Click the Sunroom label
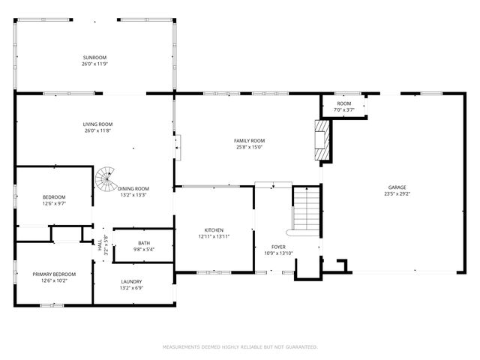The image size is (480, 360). [x=94, y=58]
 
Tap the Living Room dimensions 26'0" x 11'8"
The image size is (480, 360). [x=97, y=131]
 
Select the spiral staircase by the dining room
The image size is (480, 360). [x=105, y=179]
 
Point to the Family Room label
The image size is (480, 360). [x=249, y=140]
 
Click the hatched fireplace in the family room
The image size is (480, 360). [x=322, y=141]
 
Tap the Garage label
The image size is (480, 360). [x=397, y=187]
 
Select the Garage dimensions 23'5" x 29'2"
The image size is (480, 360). [x=397, y=194]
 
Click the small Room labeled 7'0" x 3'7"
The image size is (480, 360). [x=343, y=106]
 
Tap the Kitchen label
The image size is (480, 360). [x=214, y=230]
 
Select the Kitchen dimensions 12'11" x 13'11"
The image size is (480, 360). [x=214, y=237]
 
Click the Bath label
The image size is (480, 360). [x=143, y=242]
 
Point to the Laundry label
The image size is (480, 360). [x=131, y=282]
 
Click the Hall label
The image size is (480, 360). [x=100, y=242]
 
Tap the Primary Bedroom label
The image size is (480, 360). [x=54, y=274]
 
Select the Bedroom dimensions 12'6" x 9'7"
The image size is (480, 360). [x=54, y=203]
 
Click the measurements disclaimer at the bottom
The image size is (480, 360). [x=240, y=347]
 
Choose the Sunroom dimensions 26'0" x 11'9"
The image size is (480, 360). [x=94, y=64]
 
